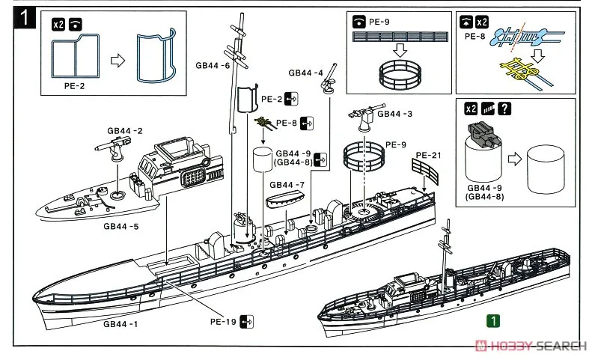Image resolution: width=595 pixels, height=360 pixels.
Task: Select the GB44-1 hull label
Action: (120, 323)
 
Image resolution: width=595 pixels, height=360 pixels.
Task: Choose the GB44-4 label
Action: (306, 73)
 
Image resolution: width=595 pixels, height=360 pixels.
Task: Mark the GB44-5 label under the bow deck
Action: (120, 225)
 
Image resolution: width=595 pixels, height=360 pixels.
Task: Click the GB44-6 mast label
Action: (213, 66)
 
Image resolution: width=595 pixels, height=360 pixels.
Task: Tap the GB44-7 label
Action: (286, 184)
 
